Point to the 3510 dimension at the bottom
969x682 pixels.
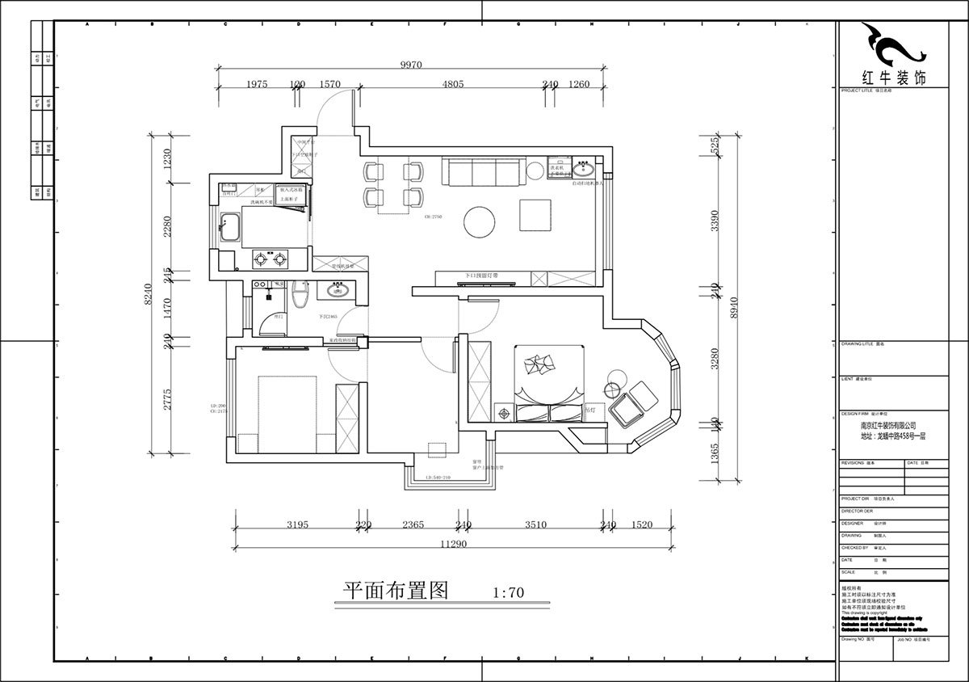(535, 524)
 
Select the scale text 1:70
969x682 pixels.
(508, 591)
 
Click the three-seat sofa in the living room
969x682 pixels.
(480, 171)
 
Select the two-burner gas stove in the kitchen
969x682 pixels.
(271, 259)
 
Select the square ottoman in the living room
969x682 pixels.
(534, 217)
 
